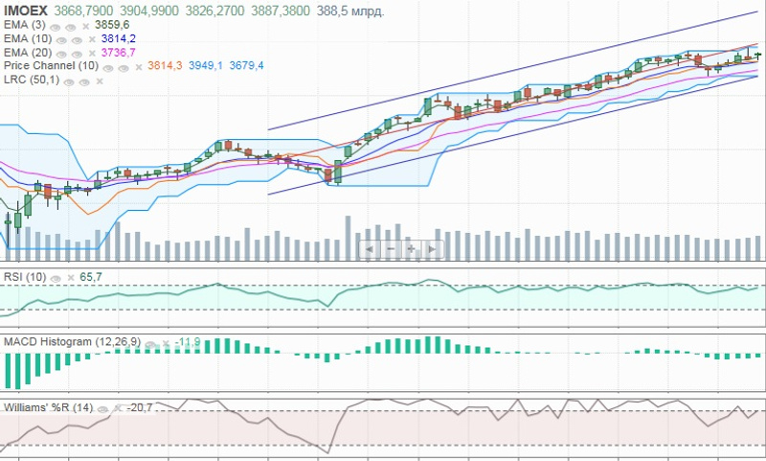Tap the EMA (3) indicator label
click(25, 24)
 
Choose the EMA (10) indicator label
click(28, 37)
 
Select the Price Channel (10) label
click(52, 65)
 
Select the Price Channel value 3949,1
click(206, 65)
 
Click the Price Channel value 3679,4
click(244, 65)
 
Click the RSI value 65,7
click(91, 277)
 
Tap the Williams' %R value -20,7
click(141, 406)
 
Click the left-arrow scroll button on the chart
click(371, 248)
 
